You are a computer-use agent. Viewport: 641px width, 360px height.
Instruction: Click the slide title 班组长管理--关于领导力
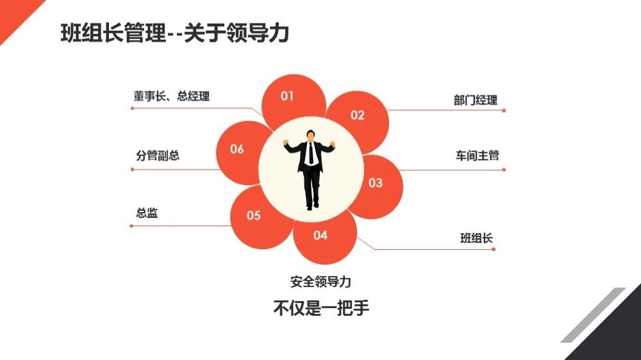pos(175,33)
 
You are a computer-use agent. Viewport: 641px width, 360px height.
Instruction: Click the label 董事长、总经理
pos(171,97)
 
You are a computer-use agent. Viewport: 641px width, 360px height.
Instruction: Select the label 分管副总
pos(158,155)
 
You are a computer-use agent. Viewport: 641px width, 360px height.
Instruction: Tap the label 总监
pos(147,213)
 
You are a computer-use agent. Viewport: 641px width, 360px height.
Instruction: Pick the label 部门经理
pos(476,100)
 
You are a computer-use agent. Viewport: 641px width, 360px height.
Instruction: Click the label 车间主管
pos(477,155)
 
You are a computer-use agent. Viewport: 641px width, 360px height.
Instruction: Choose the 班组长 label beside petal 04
pos(476,238)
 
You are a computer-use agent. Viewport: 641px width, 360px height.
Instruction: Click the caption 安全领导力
pos(320,282)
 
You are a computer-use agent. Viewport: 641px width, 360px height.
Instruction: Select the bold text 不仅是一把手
pos(321,307)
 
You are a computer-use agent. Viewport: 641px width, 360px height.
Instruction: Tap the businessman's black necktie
pos(311,154)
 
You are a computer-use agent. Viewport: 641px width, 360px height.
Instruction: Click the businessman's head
pos(311,135)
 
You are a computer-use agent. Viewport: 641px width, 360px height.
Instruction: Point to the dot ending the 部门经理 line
pos(504,110)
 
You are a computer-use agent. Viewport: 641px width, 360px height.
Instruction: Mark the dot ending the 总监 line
pos(131,225)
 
